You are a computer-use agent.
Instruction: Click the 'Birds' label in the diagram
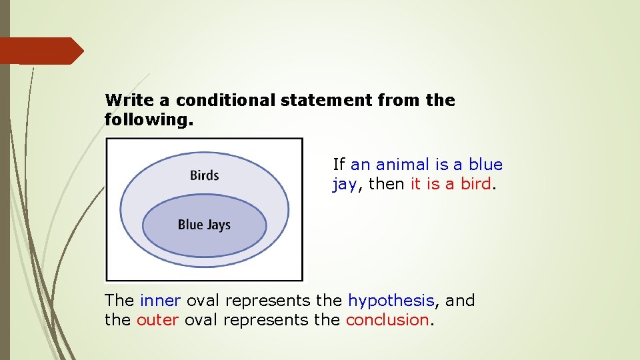(204, 175)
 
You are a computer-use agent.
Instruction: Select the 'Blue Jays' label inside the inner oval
(204, 225)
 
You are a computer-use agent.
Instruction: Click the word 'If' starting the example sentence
(339, 165)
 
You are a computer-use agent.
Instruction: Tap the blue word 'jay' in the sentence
(344, 185)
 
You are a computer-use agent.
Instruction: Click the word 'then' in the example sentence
(387, 184)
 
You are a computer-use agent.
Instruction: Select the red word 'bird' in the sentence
(475, 184)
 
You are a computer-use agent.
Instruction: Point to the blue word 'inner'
(161, 301)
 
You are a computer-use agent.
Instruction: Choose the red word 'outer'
(157, 320)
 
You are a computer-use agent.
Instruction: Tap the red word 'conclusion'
(387, 320)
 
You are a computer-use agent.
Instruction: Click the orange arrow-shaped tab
(40, 51)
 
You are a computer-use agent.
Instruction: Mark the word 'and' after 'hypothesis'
(460, 301)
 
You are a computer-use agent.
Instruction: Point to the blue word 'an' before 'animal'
(361, 165)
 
